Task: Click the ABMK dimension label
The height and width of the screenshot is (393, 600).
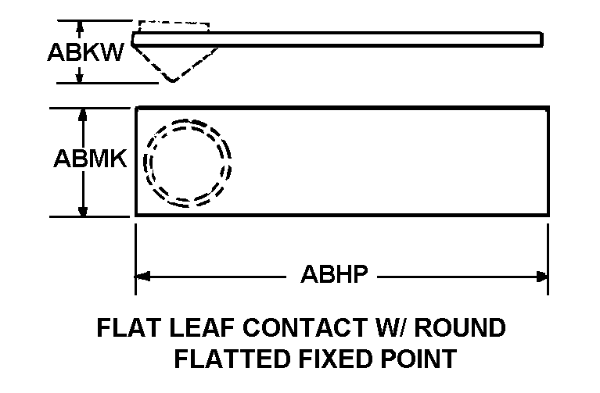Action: (x=90, y=159)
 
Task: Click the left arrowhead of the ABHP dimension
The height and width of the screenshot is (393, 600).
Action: (x=142, y=275)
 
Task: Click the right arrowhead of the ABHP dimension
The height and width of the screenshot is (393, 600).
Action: (x=541, y=275)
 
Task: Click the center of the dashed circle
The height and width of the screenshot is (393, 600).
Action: (x=190, y=162)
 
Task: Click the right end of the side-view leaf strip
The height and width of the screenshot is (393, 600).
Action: (x=540, y=39)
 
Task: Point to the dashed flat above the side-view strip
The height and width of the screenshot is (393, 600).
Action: (x=173, y=25)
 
